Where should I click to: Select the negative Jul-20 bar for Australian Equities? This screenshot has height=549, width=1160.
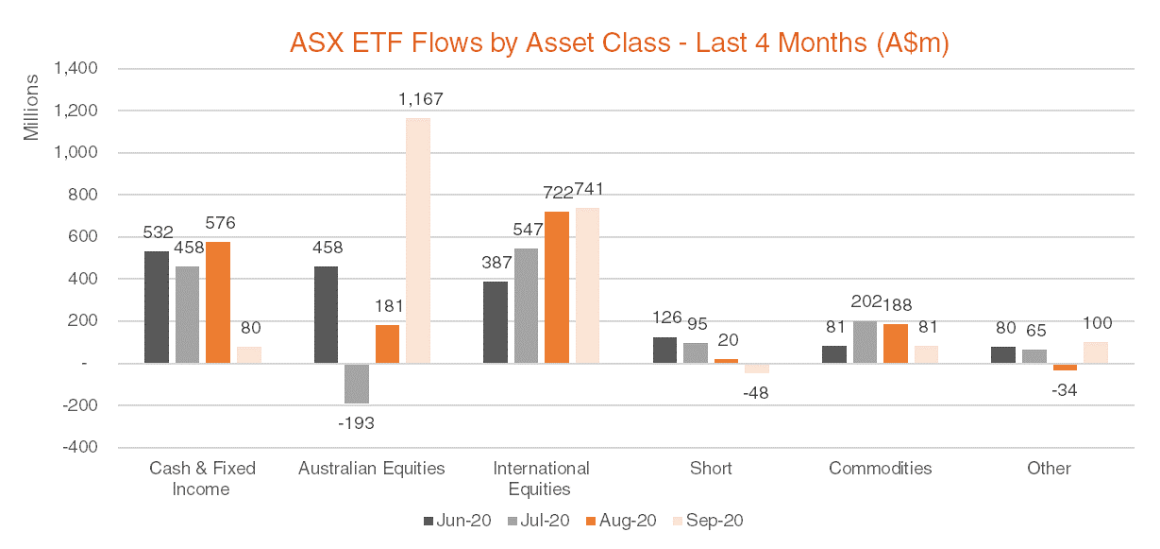click(357, 383)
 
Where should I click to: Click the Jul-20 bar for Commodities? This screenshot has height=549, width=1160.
click(865, 342)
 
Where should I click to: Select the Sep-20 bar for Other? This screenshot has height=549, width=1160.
click(1096, 352)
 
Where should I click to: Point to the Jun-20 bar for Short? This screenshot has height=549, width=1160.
click(664, 350)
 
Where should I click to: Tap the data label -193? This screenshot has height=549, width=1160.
click(356, 422)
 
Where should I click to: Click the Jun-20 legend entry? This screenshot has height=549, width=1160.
click(460, 521)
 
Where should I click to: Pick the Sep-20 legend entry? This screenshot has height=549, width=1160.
click(709, 521)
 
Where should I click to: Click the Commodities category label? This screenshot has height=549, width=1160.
click(880, 469)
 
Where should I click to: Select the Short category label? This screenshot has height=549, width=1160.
click(710, 469)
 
